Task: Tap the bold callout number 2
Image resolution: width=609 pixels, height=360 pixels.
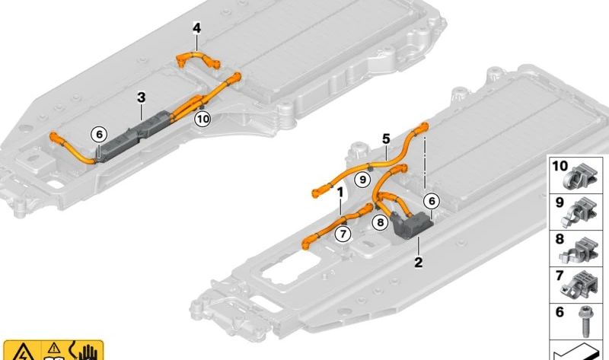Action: (418, 262)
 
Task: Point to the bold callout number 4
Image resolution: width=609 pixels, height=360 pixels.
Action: (196, 29)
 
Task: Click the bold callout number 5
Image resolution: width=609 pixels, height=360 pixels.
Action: (386, 139)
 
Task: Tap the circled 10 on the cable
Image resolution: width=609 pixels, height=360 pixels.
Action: (202, 118)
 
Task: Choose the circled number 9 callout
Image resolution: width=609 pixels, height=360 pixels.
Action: (363, 180)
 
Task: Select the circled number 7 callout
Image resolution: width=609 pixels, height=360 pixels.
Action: (343, 233)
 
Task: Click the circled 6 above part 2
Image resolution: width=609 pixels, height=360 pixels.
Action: (432, 200)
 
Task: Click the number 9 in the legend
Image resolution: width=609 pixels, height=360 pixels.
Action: (560, 202)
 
